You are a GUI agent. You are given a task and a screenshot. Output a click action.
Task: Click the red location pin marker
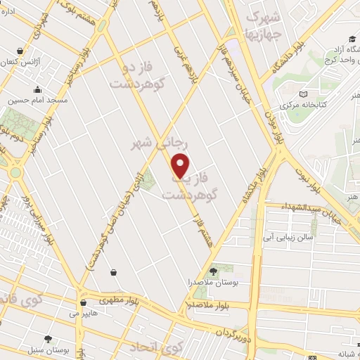pos(181,165)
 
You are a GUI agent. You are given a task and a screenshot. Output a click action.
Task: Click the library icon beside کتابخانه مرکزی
pos(303,94)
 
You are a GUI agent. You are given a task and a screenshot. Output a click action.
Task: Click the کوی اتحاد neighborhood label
pos(157,347)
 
